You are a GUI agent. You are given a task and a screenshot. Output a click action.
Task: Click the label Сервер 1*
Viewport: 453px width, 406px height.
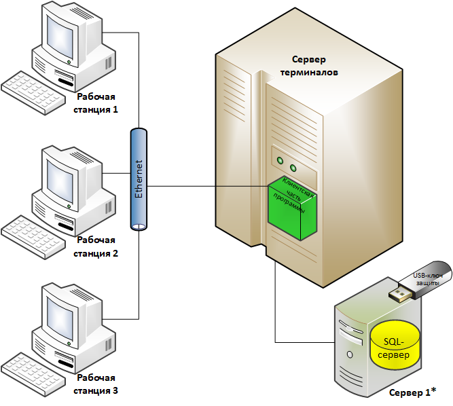(x=412, y=393)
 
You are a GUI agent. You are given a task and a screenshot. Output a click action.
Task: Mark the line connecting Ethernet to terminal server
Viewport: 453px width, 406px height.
(x=204, y=185)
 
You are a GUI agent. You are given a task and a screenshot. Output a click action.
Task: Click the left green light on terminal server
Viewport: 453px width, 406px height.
(x=279, y=161)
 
